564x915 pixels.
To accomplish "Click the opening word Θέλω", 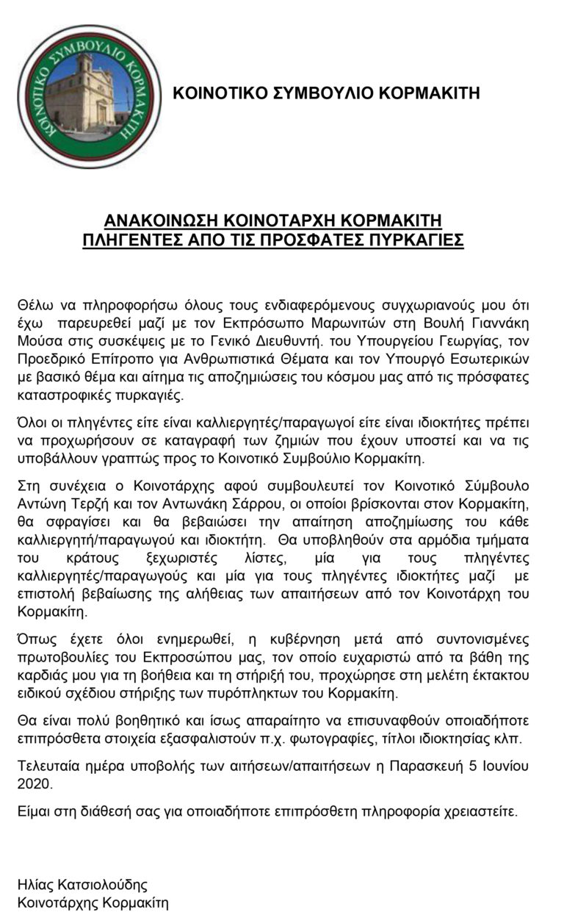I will point(33,304).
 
